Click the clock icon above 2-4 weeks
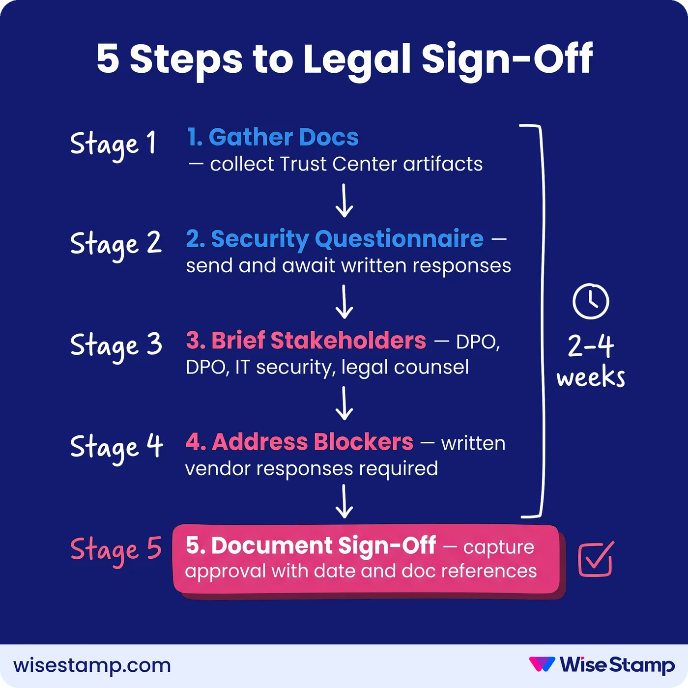[591, 301]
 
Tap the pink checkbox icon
[596, 559]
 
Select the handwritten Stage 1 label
[113, 144]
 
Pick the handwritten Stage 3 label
[116, 346]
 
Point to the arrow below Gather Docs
[344, 201]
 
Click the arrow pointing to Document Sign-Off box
[344, 501]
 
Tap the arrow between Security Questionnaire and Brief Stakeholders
[344, 302]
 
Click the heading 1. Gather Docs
[273, 137]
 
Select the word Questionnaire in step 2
[399, 239]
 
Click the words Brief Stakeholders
[318, 340]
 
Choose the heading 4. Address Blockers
[299, 442]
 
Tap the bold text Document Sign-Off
[323, 545]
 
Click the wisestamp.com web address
[92, 665]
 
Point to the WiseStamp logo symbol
[542, 664]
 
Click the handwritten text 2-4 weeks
[591, 361]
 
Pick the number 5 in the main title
[108, 59]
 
